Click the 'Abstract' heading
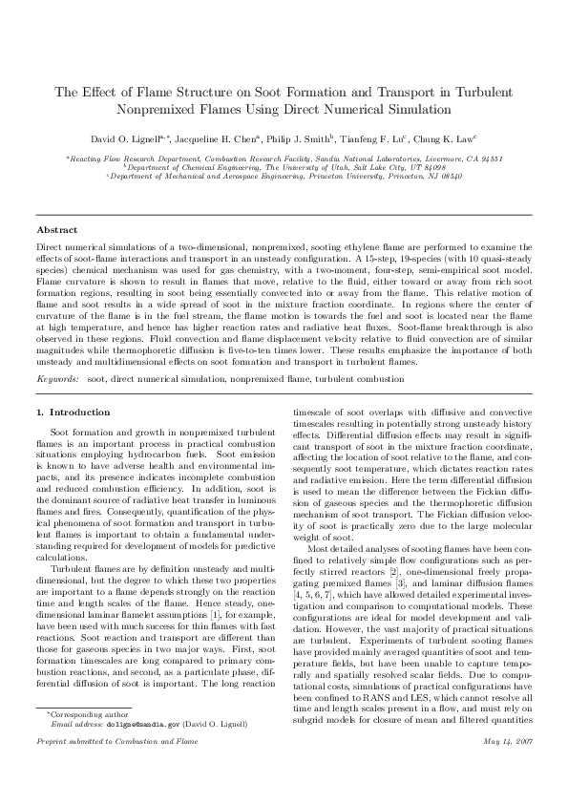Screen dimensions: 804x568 pos(57,230)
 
